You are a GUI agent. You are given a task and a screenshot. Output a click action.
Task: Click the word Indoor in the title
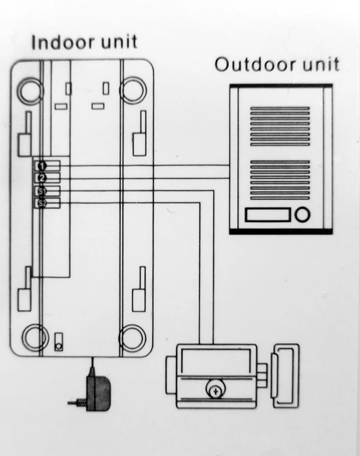click(62, 42)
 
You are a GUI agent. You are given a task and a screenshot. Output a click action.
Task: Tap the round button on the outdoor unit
click(302, 215)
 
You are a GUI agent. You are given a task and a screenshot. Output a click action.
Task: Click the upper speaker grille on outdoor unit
click(280, 126)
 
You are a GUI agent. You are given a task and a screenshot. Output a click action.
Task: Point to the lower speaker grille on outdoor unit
click(280, 179)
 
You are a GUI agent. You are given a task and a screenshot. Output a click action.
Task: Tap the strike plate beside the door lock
click(285, 375)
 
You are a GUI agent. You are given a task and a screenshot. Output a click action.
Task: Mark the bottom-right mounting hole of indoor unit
click(133, 337)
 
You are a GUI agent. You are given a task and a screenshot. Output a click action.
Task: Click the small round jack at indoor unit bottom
click(59, 346)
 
